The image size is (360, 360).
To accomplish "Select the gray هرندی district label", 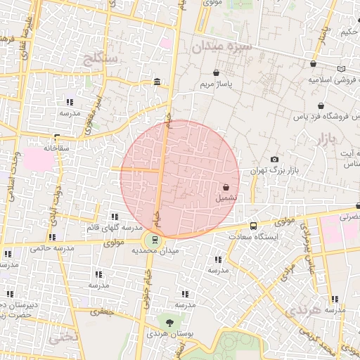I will (x=307, y=309).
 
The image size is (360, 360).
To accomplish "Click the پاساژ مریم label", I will (x=216, y=84).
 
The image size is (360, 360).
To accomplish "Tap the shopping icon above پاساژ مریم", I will (x=216, y=72).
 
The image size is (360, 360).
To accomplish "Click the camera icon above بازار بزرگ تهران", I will (x=274, y=160).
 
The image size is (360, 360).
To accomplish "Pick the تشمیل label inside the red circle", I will (x=226, y=198).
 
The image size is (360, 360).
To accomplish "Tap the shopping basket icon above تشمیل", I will (x=226, y=188).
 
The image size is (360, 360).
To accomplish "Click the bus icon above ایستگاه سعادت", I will (x=254, y=226).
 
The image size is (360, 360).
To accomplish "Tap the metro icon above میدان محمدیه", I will (x=155, y=239).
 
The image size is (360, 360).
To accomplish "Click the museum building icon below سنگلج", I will (x=156, y=84).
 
